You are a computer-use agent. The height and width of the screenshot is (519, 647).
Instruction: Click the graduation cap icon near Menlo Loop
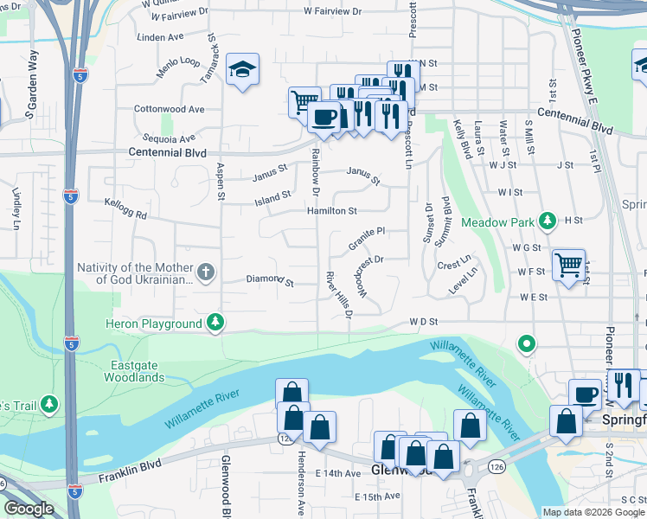pos(243,70)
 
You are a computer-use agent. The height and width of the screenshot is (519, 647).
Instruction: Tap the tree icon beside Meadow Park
pos(547,221)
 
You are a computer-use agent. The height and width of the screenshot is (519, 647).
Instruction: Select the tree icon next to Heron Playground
pos(215,323)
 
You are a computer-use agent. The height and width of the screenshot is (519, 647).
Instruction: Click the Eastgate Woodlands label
pos(134,372)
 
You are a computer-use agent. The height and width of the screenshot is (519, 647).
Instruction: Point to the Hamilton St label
pos(331,211)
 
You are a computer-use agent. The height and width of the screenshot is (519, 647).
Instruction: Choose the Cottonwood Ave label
pos(169,110)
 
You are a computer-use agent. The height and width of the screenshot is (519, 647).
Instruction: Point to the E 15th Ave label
pos(378,497)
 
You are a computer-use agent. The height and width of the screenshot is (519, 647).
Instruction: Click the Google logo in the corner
pos(29,509)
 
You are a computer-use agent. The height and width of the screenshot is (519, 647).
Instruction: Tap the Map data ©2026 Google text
pos(593,512)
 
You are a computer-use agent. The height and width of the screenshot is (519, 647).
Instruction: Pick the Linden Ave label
pos(161,37)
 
